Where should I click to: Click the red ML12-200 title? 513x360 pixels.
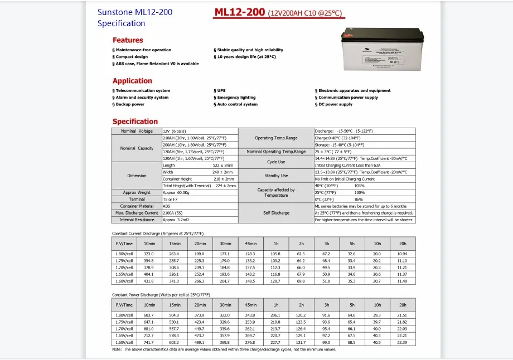pyautogui.click(x=240, y=13)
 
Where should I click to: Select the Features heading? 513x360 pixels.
pyautogui.click(x=128, y=40)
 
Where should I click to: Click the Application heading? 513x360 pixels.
pyautogui.click(x=132, y=81)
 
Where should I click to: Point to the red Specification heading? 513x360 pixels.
pyautogui.click(x=135, y=121)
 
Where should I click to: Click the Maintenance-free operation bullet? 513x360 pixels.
pyautogui.click(x=143, y=50)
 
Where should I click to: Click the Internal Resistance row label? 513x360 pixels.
pyautogui.click(x=137, y=220)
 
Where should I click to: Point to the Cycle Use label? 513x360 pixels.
pyautogui.click(x=276, y=162)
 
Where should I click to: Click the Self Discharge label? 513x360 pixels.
pyautogui.click(x=276, y=213)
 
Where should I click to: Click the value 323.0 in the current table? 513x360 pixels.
pyautogui.click(x=149, y=254)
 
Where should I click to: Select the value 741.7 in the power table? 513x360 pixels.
pyautogui.click(x=149, y=342)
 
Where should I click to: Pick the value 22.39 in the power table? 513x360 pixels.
pyautogui.click(x=401, y=342)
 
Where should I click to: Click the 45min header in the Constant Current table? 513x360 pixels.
pyautogui.click(x=250, y=243)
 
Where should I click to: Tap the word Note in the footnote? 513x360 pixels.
pyautogui.click(x=117, y=349)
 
